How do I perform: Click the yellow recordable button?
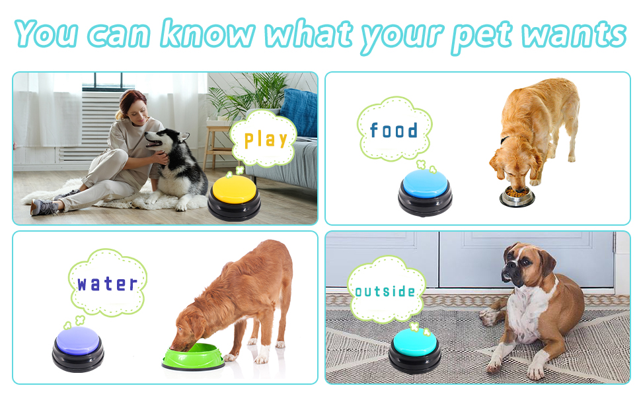234,197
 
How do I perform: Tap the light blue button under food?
425,192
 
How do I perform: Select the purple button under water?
78,348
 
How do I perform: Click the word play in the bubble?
266,140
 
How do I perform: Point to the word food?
394,130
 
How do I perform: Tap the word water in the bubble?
107,283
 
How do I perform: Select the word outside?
385,290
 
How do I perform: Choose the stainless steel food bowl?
517,197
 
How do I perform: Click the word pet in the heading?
481,36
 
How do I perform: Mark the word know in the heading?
207,32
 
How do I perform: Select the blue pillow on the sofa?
299,112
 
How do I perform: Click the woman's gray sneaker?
43,207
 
